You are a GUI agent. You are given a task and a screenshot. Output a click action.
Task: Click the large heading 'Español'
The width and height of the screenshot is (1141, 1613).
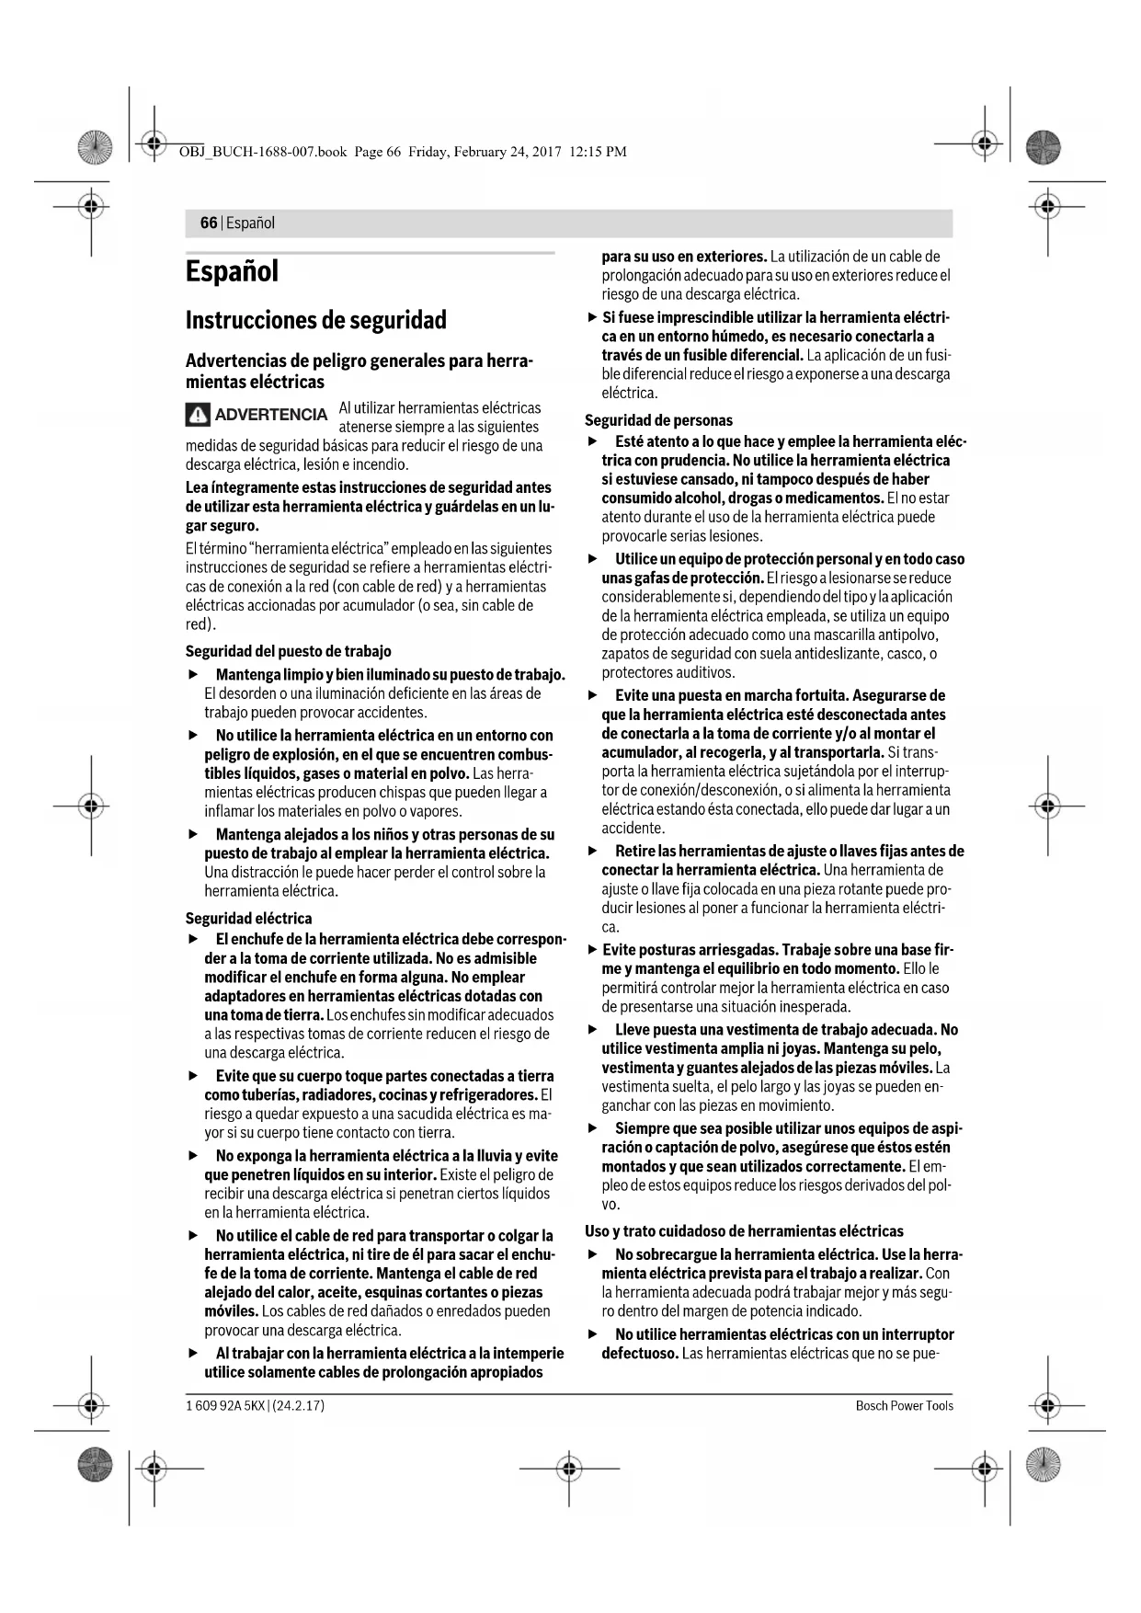232,272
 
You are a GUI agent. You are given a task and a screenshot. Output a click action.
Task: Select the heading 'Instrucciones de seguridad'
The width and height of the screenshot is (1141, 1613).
315,321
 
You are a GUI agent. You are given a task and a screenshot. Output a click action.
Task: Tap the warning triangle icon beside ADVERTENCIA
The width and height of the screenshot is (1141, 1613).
198,416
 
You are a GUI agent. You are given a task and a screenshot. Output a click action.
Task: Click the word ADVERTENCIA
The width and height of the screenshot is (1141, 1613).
270,415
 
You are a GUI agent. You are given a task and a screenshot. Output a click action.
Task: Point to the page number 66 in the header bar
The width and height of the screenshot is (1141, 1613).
209,223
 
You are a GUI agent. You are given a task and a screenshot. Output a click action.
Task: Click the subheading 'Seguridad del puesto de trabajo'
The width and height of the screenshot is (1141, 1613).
288,652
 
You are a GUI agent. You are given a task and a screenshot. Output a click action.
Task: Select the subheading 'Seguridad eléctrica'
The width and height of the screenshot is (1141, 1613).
248,919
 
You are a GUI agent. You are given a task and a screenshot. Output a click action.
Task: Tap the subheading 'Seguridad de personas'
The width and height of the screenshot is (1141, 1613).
658,421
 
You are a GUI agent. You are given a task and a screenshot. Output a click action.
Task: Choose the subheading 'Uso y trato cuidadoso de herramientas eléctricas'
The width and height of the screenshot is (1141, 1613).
744,1231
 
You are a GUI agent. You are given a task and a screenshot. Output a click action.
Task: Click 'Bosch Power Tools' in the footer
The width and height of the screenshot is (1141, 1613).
904,1406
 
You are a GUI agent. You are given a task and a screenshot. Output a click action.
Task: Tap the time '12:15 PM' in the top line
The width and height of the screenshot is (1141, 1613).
598,152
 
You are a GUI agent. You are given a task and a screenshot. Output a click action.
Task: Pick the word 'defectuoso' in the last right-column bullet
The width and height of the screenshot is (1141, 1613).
640,1354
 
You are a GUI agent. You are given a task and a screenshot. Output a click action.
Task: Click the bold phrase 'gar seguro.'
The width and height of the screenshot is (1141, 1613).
222,526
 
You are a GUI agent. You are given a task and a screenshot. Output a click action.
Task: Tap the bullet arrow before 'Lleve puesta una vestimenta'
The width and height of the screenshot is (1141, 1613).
593,1030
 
